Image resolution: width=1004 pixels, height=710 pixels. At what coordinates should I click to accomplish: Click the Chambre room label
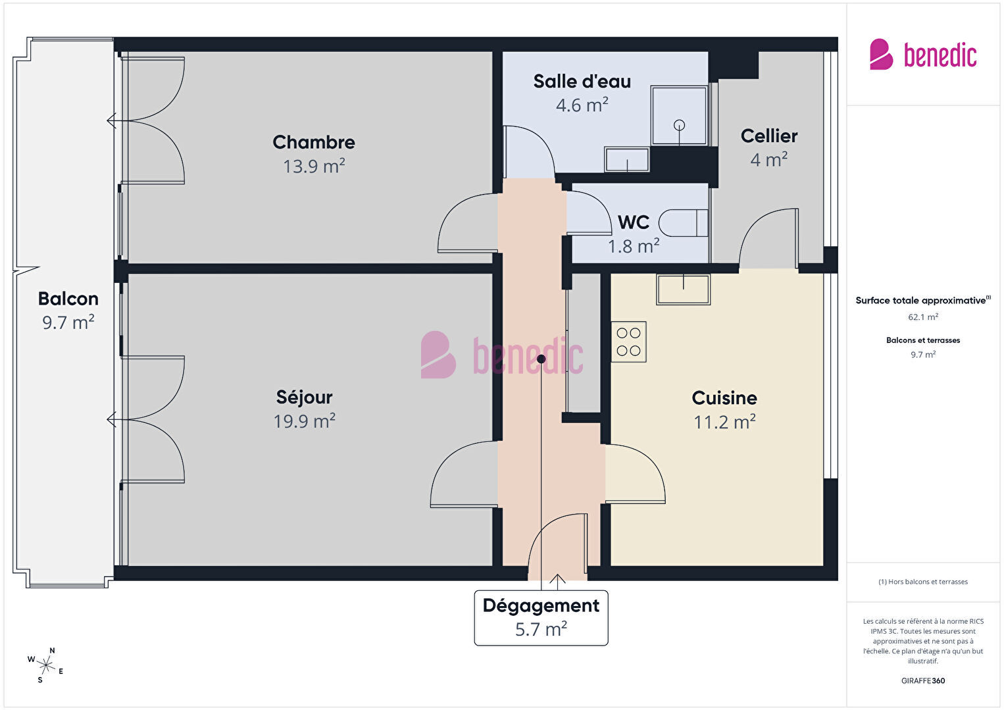pyautogui.click(x=314, y=143)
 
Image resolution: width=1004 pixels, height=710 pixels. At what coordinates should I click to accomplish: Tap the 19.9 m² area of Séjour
pyautogui.click(x=305, y=421)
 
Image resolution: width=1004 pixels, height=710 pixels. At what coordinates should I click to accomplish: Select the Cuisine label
pyautogui.click(x=724, y=398)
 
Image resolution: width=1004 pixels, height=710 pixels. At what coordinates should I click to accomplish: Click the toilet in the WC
pyautogui.click(x=684, y=223)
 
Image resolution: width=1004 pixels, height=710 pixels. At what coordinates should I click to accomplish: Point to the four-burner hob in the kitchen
pyautogui.click(x=628, y=342)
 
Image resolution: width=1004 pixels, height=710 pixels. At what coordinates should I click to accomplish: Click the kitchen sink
pyautogui.click(x=683, y=290)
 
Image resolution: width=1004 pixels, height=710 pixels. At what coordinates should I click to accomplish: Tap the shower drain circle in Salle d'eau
pyautogui.click(x=679, y=125)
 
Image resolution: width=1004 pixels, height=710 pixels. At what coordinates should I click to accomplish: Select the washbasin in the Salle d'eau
pyautogui.click(x=626, y=159)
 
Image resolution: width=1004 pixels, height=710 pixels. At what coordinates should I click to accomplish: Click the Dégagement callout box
pyautogui.click(x=541, y=618)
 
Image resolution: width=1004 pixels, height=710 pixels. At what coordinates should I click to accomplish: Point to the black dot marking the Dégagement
pyautogui.click(x=541, y=359)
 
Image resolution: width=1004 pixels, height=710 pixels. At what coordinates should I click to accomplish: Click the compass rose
pyautogui.click(x=45, y=665)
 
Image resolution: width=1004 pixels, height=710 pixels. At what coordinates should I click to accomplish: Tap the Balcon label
pyautogui.click(x=68, y=299)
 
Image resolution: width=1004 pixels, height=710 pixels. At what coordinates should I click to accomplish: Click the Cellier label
pyautogui.click(x=769, y=136)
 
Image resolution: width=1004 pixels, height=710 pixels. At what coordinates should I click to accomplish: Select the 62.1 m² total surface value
pyautogui.click(x=923, y=317)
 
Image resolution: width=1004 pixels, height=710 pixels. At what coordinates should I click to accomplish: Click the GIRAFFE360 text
pyautogui.click(x=923, y=680)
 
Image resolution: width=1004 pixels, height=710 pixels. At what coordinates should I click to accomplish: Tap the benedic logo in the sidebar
pyautogui.click(x=923, y=55)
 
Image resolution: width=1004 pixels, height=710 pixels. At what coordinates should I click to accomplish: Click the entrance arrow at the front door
pyautogui.click(x=557, y=582)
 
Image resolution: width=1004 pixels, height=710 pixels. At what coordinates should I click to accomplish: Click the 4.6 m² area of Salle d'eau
pyautogui.click(x=582, y=105)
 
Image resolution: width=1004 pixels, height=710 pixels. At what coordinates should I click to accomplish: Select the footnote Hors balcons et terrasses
pyautogui.click(x=923, y=582)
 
